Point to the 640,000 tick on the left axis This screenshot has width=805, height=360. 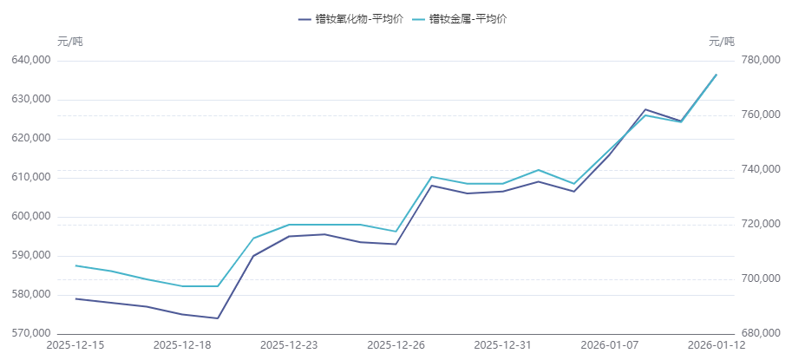(30, 61)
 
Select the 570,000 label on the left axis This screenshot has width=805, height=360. (30, 333)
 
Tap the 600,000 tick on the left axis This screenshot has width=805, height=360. (30, 216)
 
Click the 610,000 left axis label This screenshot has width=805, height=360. (30, 177)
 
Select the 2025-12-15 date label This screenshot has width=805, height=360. (75, 345)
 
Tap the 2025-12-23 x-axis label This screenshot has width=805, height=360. (289, 345)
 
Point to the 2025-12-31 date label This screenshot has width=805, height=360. (503, 345)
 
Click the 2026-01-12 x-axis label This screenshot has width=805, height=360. (717, 345)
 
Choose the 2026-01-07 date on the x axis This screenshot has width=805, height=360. (610, 345)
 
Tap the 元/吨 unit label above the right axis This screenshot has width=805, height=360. (721, 41)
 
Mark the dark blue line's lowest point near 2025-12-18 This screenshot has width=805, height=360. (217, 317)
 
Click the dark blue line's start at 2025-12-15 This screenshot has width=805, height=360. (75, 298)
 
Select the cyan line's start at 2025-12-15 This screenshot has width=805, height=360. (75, 265)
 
